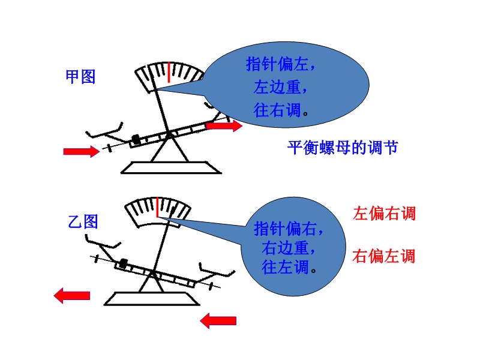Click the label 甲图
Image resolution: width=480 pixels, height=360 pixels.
[x=80, y=77]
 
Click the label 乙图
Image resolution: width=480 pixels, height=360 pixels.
[x=83, y=221]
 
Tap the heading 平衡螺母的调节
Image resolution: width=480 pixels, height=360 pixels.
[x=343, y=148]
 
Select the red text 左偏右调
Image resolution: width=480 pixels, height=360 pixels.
[x=384, y=214]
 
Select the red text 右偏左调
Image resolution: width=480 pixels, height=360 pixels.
[x=384, y=256]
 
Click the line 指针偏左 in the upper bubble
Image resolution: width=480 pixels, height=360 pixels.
[x=280, y=64]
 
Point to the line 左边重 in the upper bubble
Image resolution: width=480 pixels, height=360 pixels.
[x=280, y=87]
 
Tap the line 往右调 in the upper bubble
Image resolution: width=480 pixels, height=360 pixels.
[x=281, y=110]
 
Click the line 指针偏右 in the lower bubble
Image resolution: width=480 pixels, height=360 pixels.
[x=289, y=229]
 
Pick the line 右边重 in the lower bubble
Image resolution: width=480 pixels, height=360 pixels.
[x=289, y=248]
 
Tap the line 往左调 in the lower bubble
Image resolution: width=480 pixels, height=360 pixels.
[x=289, y=267]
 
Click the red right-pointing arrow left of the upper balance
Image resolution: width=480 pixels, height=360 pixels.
[x=82, y=151]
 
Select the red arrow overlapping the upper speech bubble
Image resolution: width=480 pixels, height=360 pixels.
[x=224, y=125]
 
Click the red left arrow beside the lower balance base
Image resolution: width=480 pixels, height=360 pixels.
[x=72, y=296]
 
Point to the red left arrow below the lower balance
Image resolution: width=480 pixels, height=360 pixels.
[x=218, y=321]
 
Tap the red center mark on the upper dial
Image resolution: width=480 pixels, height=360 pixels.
[x=169, y=72]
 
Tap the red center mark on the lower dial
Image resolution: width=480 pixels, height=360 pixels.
[x=157, y=207]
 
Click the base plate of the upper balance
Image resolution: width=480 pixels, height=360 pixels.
[x=171, y=168]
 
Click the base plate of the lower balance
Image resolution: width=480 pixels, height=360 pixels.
[x=152, y=299]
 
